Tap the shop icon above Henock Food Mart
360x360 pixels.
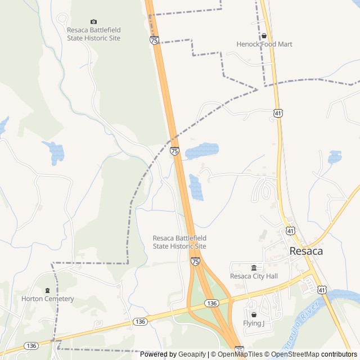coord(263,35)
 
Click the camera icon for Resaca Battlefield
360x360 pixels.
coord(93,21)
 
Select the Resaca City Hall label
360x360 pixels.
coord(254,276)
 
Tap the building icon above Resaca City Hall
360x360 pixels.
coord(254,267)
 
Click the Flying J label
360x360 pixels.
coord(253,323)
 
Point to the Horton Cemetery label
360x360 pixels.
coord(47,299)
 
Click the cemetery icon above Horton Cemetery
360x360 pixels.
coord(47,290)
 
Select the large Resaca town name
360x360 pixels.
coord(306,251)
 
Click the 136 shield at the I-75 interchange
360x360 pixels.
coord(211,303)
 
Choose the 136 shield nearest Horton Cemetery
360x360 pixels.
coord(31,345)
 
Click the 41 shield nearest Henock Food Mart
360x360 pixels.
coord(278,113)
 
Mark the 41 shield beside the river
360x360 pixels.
coord(321,290)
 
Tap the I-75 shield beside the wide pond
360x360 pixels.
coord(174,151)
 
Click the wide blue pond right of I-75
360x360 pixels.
coord(201,150)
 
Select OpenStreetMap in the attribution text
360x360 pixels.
coord(295,354)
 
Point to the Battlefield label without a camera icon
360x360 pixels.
coord(179,242)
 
